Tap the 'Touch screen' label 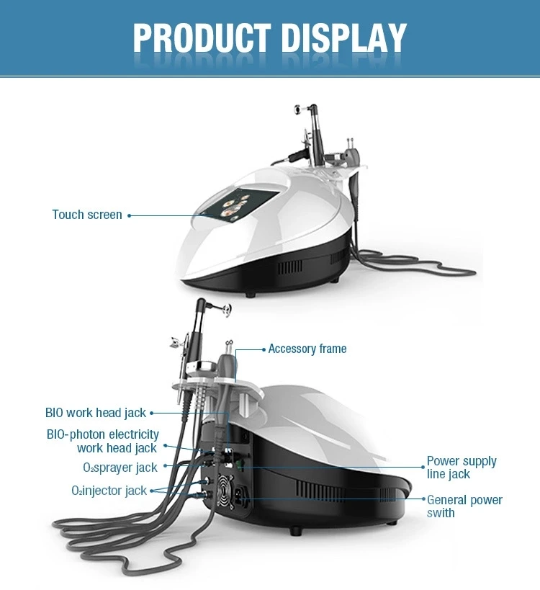point(87,215)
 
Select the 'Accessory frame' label point(307,349)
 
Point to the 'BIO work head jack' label point(96,413)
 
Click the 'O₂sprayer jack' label point(120,468)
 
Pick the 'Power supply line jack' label point(462,467)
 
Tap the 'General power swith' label point(464,506)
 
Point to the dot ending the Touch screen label point(130,215)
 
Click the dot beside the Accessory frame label point(264,349)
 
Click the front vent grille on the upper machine point(290,267)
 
